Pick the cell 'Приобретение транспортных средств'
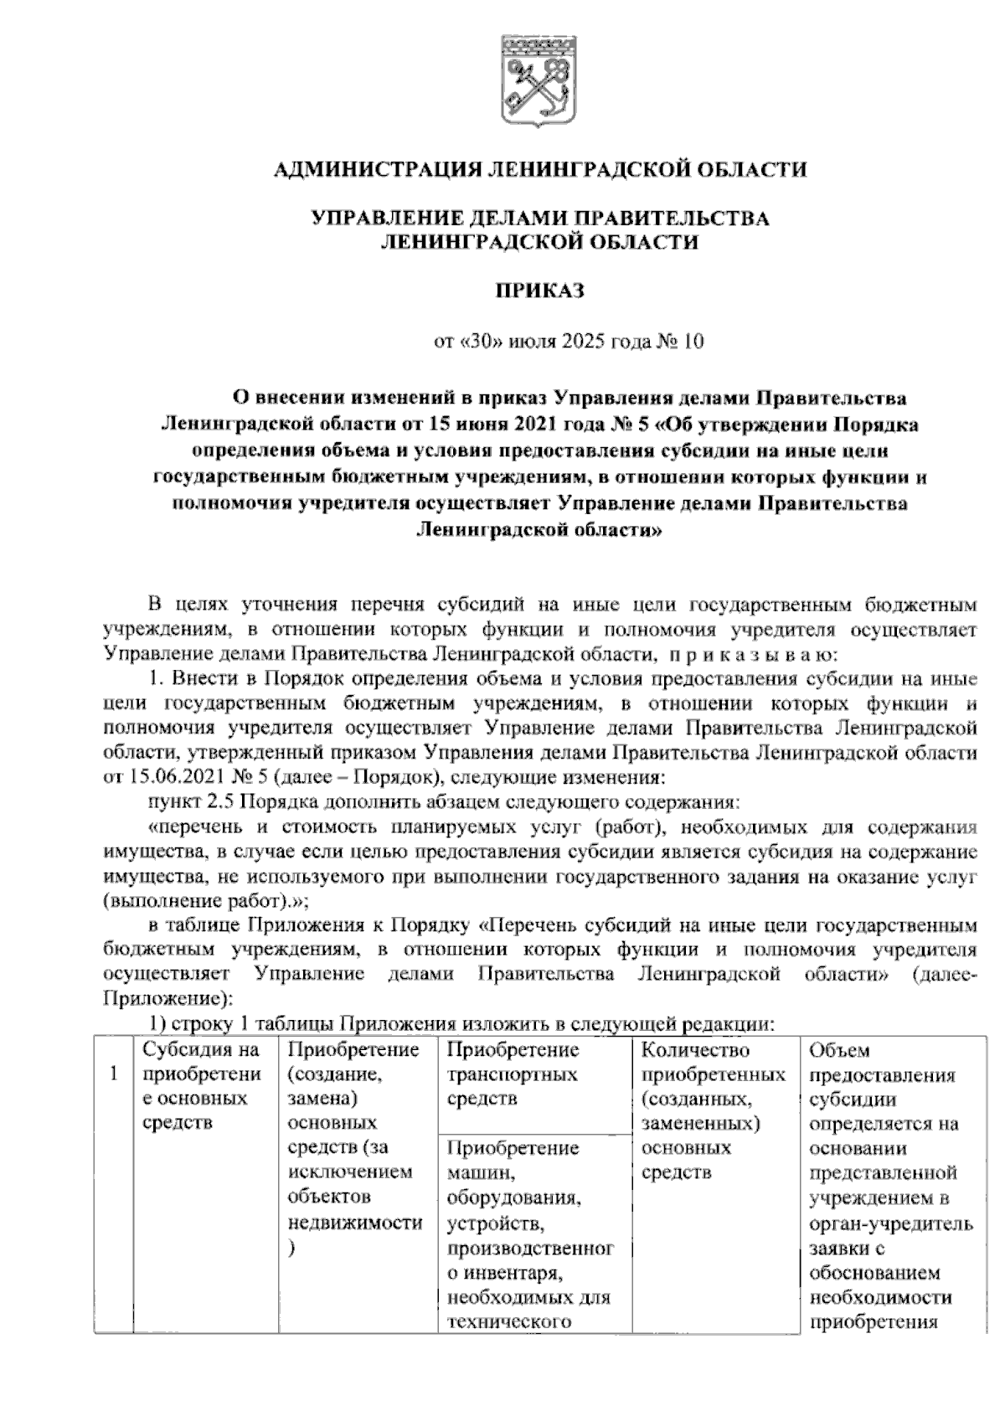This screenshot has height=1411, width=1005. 512,1074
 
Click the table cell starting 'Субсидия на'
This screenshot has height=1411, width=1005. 201,1086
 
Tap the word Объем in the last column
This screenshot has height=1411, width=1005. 840,1050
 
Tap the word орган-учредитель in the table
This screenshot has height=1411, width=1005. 891,1224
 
